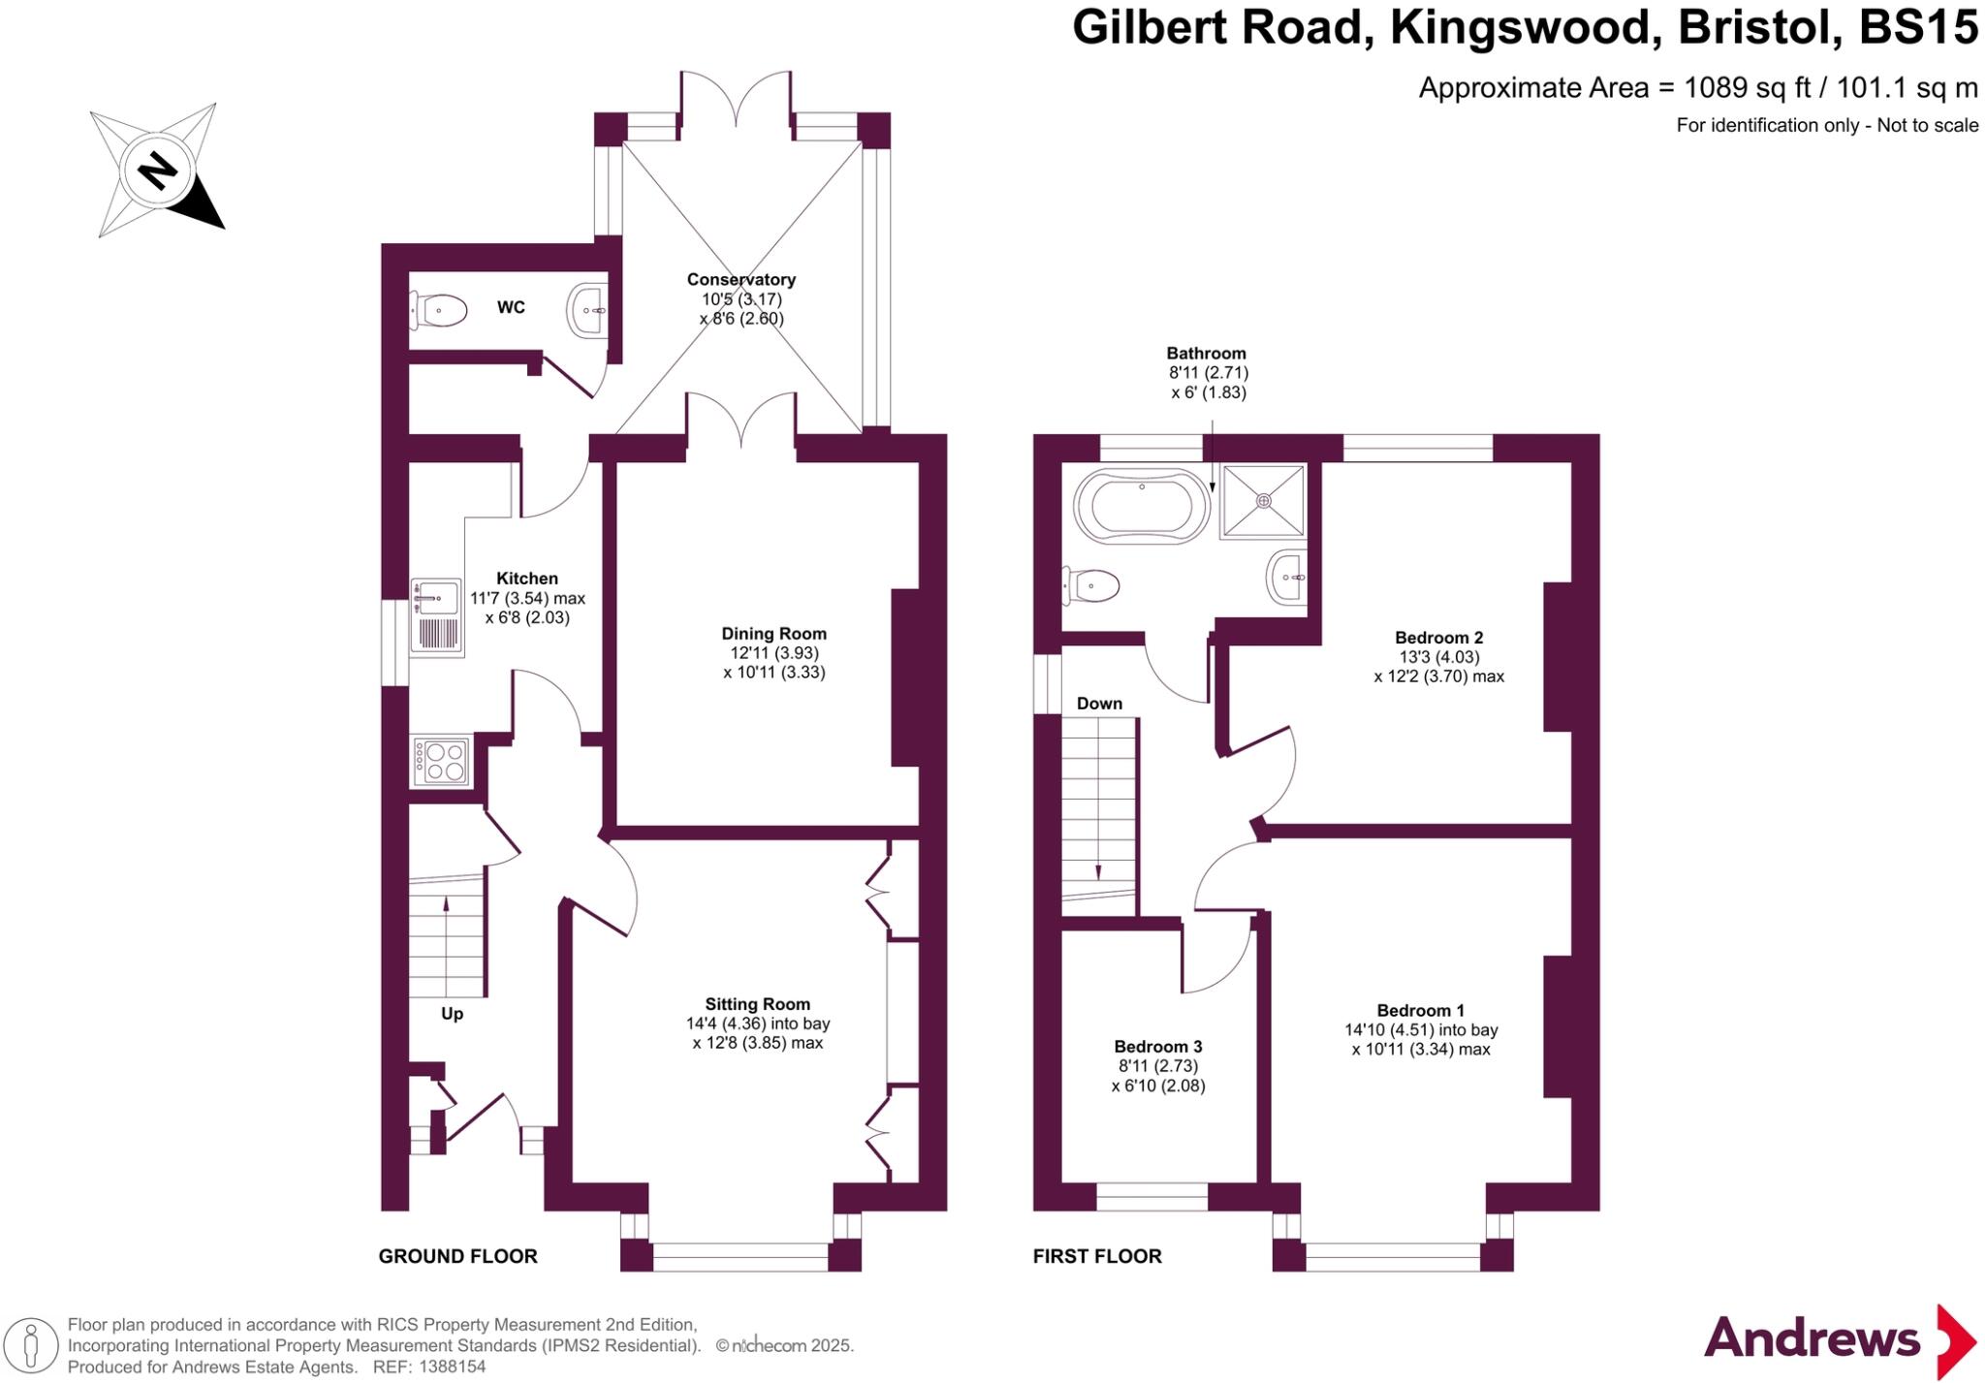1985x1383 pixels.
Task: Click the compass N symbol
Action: click(158, 172)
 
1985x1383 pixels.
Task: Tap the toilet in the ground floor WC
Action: click(437, 311)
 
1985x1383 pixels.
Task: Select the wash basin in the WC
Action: click(586, 310)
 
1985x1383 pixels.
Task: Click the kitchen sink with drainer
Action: click(435, 615)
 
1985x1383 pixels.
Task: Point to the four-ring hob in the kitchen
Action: click(442, 762)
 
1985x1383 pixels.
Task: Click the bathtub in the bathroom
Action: click(1142, 504)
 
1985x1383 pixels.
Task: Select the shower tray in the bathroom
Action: click(1263, 501)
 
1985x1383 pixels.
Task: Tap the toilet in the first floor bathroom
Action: click(1092, 585)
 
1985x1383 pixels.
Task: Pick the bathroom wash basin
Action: click(1286, 578)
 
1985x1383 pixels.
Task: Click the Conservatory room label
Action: click(741, 280)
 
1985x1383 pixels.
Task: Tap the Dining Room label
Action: click(773, 634)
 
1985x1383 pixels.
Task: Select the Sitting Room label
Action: click(757, 1005)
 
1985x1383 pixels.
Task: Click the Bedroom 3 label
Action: click(1158, 1047)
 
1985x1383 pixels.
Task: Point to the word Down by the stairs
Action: click(1099, 704)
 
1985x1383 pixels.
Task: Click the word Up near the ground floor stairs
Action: click(452, 1014)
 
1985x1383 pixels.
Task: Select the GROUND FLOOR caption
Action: click(457, 1257)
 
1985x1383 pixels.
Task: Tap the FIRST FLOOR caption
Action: click(1097, 1257)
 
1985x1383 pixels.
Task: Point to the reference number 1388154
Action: click(452, 1367)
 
